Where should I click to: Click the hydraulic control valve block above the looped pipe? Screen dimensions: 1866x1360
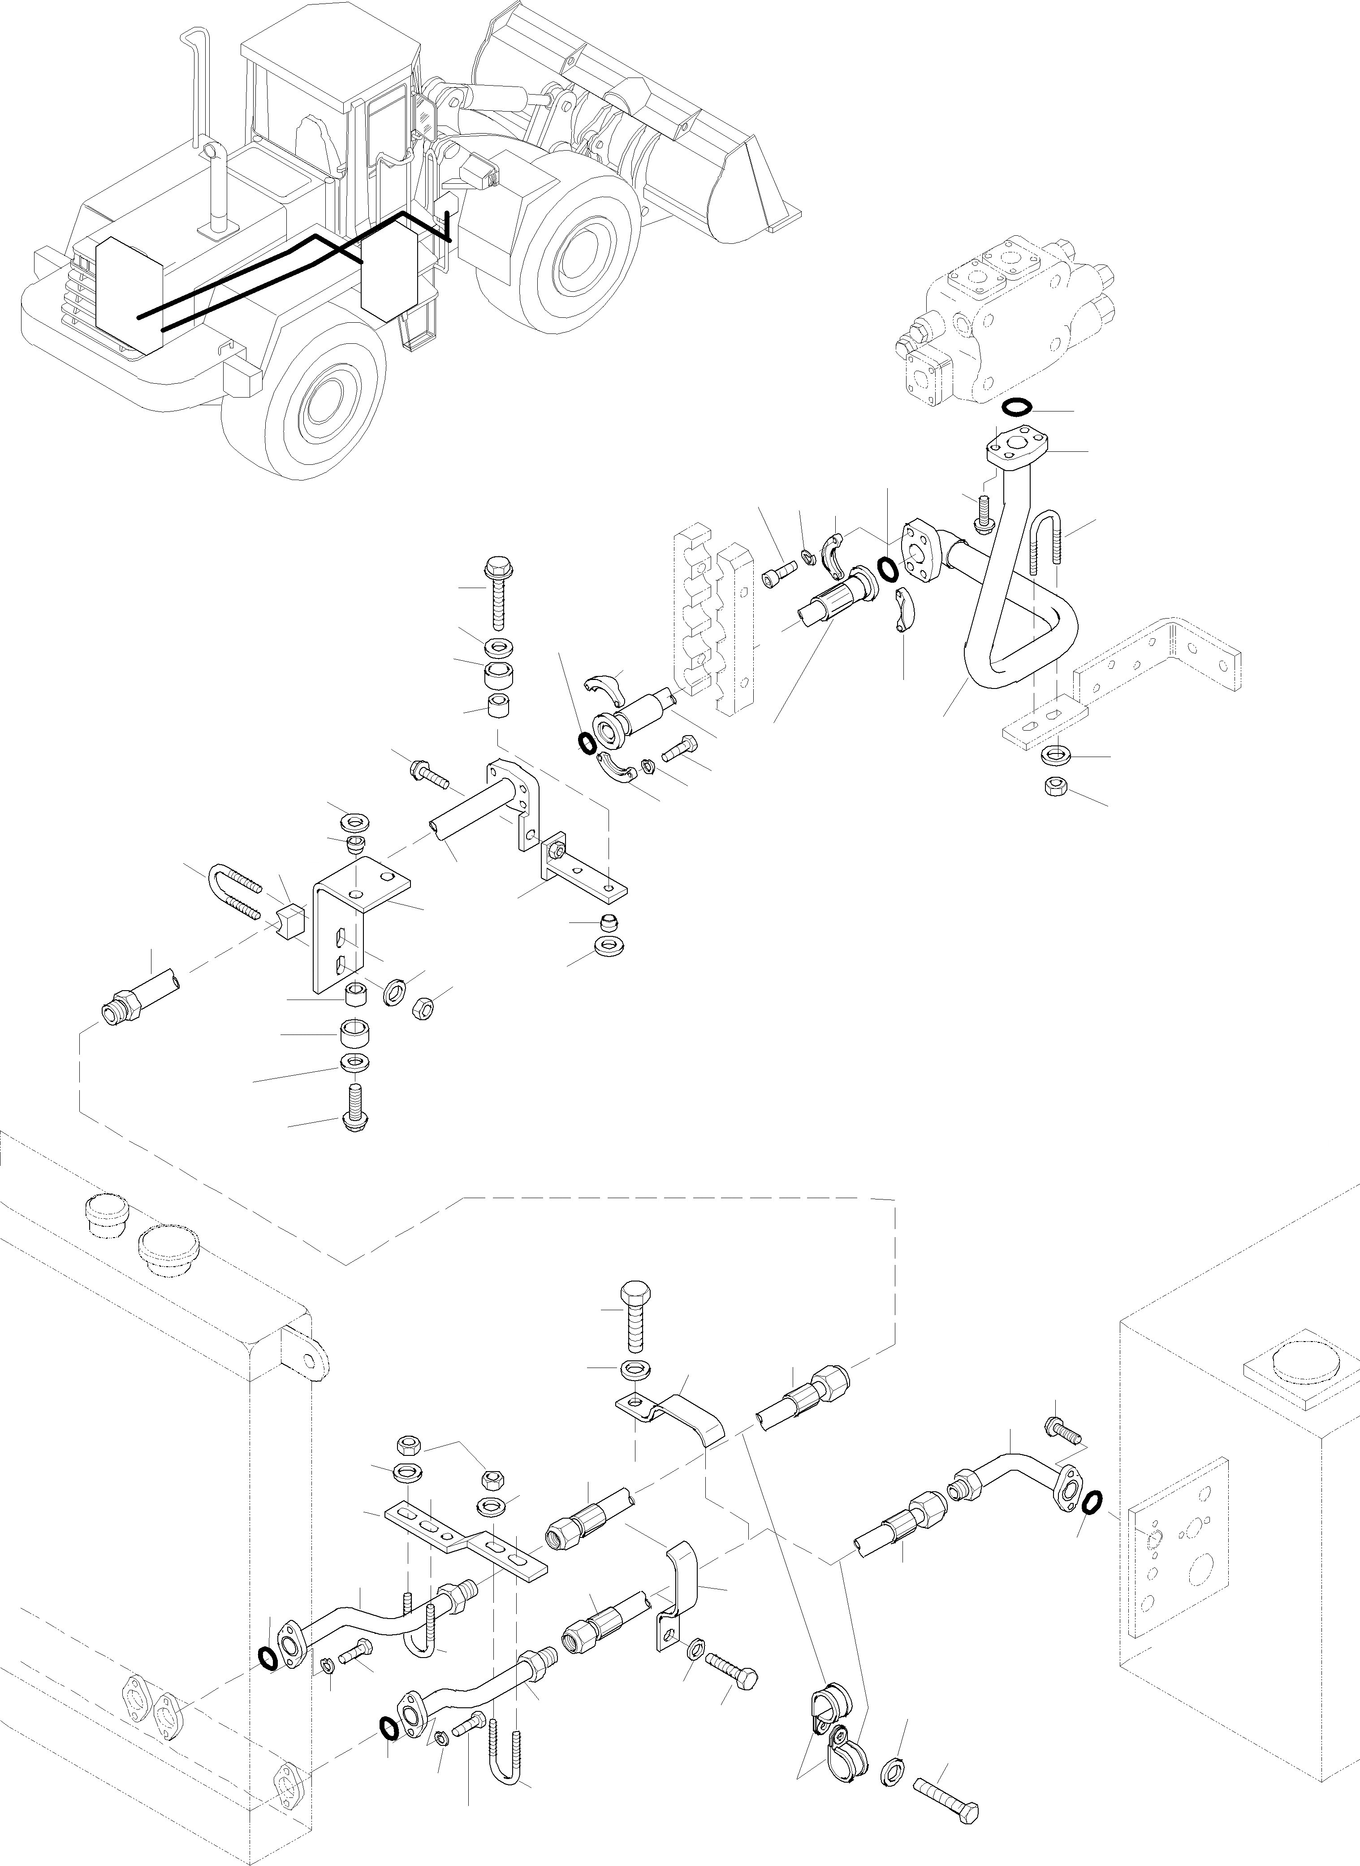coord(1004,321)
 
